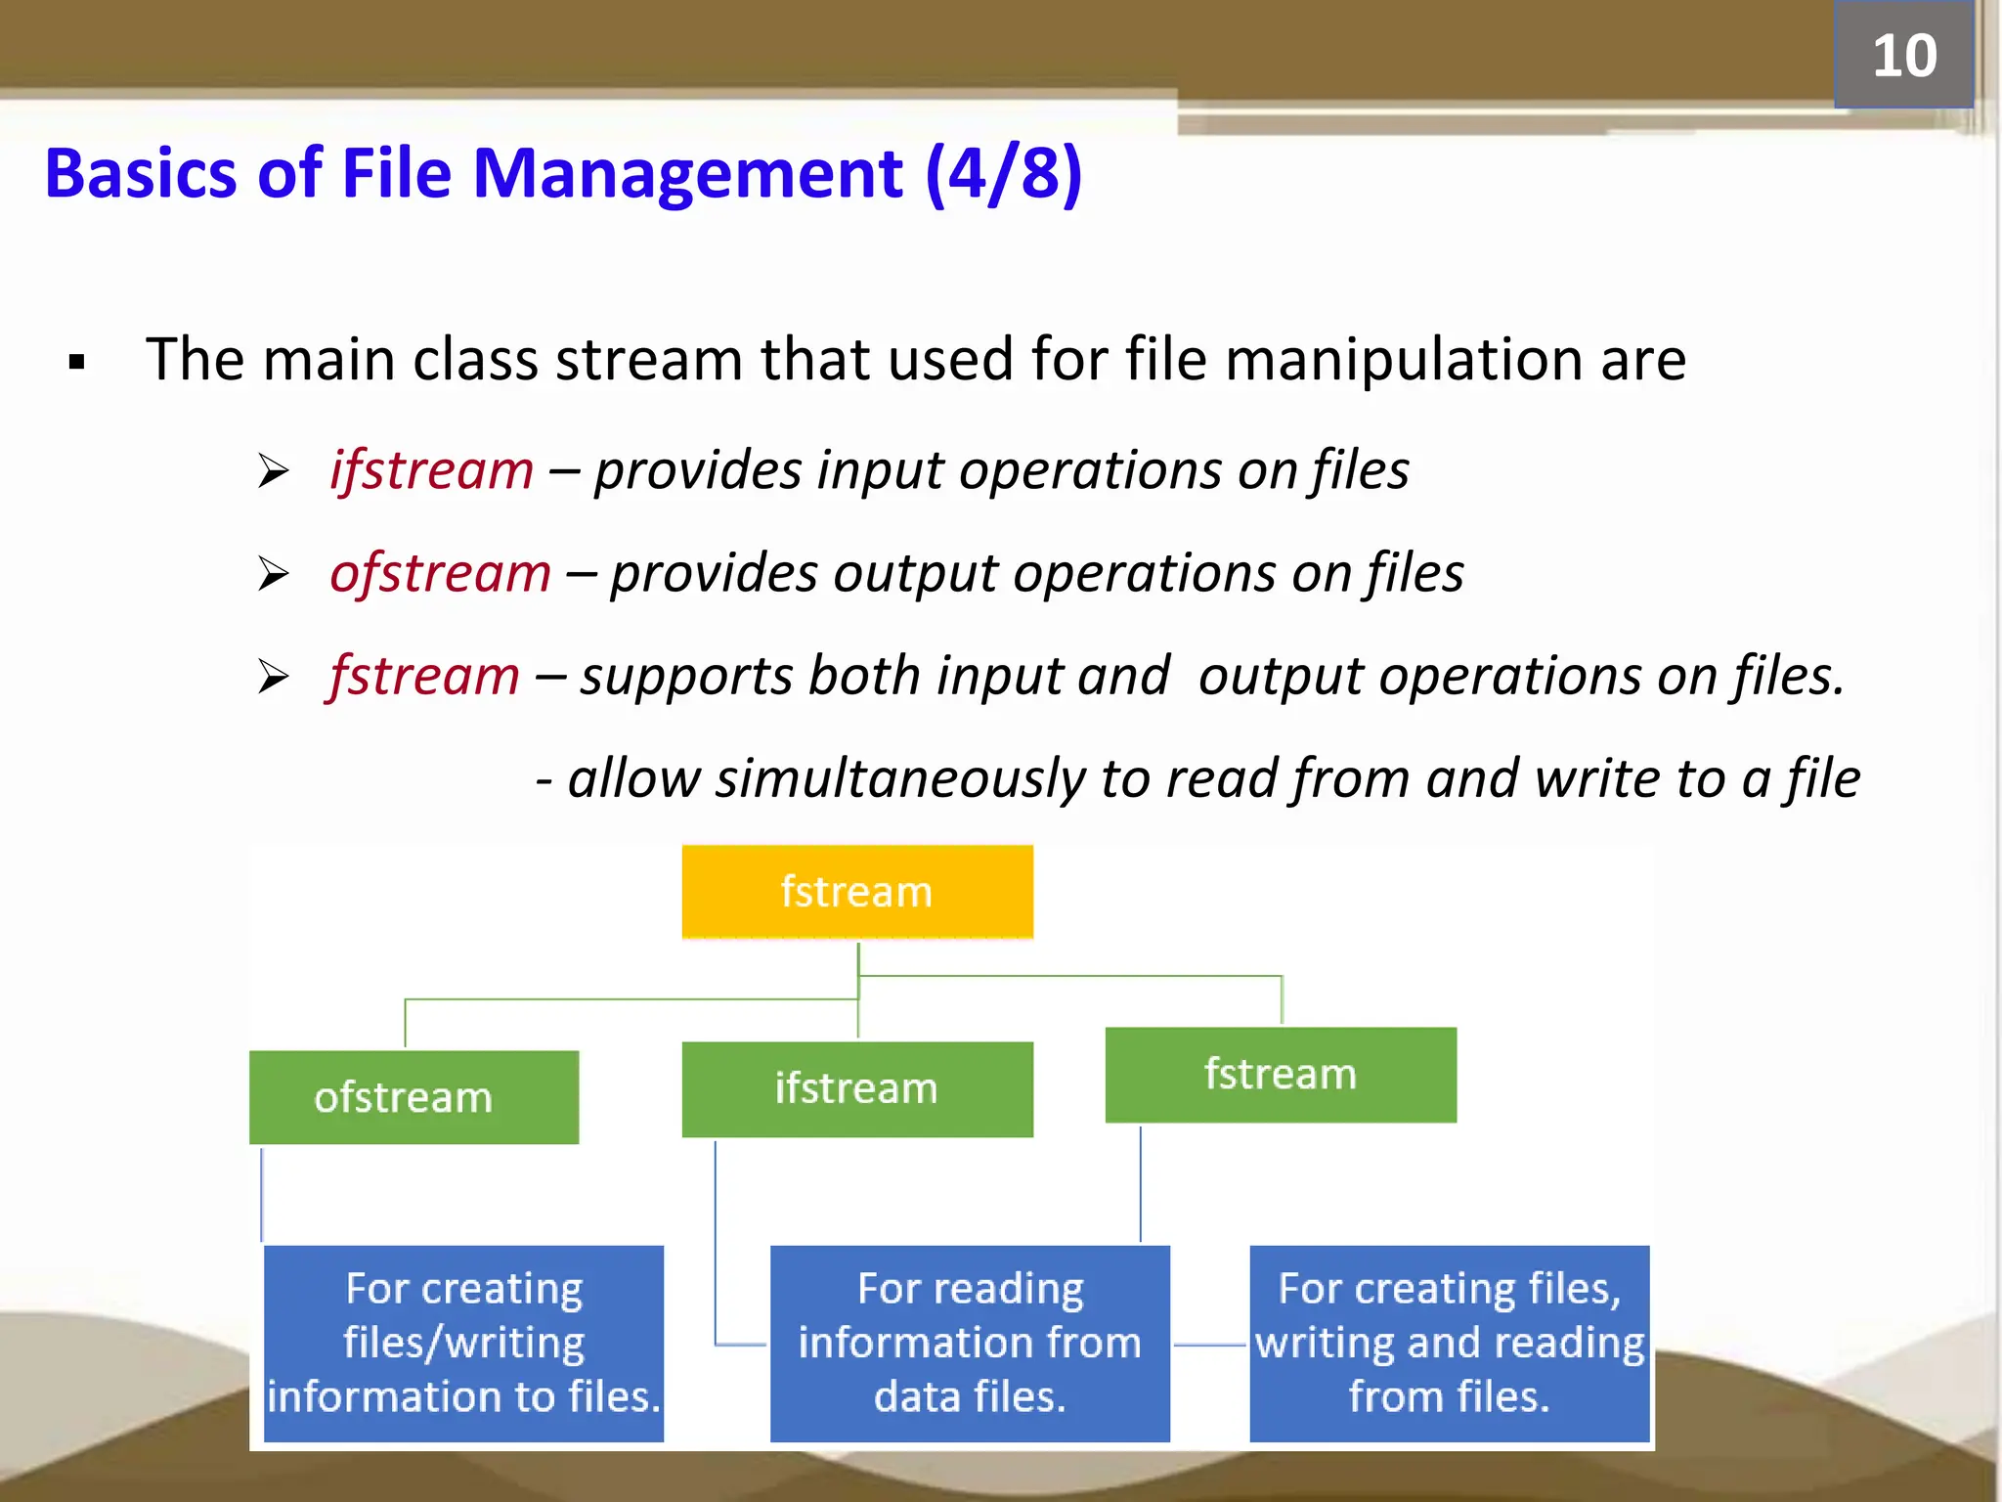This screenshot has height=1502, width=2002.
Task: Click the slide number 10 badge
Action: click(x=1902, y=56)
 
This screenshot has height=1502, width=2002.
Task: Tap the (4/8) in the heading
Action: click(x=1003, y=174)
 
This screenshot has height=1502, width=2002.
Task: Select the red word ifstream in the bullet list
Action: click(x=431, y=470)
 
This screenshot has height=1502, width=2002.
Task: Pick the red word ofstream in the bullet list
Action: click(x=440, y=573)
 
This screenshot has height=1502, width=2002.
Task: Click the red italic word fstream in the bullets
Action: click(x=424, y=676)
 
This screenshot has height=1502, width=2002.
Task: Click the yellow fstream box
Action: click(x=856, y=892)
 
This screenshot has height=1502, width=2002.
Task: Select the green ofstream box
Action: click(x=413, y=1097)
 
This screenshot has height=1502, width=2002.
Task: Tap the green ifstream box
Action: click(x=856, y=1088)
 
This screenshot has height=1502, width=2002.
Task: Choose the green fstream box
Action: click(x=1280, y=1074)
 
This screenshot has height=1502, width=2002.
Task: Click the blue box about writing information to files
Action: click(x=463, y=1343)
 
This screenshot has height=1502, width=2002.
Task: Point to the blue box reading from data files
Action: click(x=969, y=1343)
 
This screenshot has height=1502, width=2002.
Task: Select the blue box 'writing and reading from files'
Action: click(x=1449, y=1343)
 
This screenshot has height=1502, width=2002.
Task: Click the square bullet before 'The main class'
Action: click(x=77, y=363)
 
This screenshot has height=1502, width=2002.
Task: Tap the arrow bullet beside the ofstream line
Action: click(x=273, y=573)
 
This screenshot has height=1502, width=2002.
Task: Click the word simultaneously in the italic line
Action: click(x=899, y=778)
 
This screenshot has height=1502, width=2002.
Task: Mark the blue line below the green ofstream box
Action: click(x=261, y=1193)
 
